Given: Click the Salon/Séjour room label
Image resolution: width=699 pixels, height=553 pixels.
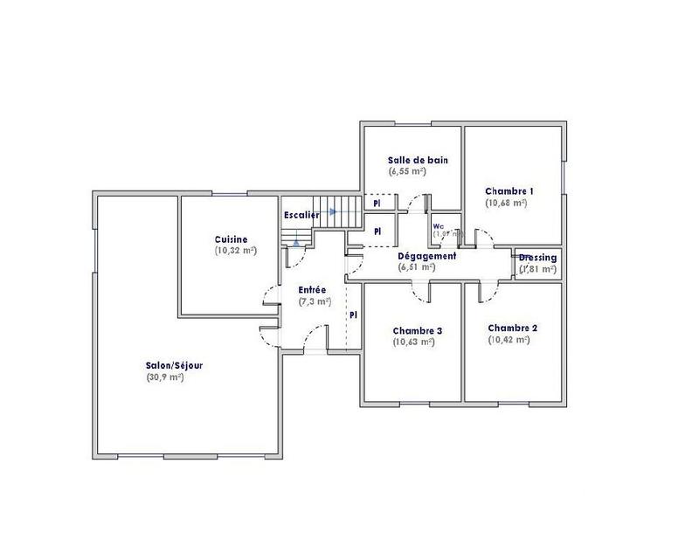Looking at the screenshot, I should click(175, 366).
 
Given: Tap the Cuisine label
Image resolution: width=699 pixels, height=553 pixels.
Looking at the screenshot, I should click(231, 239).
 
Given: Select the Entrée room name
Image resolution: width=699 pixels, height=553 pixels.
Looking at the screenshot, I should click(313, 290).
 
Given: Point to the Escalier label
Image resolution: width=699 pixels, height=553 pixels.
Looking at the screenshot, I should click(301, 215).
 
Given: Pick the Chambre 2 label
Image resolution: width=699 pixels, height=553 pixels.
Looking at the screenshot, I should click(512, 328).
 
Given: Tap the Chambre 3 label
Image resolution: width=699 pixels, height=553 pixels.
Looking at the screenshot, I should click(417, 331).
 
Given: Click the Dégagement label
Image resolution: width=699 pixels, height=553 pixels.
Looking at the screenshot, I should click(426, 256).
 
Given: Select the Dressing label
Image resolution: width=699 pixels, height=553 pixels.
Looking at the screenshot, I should click(537, 258).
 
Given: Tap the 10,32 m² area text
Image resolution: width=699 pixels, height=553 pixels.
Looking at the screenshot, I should click(234, 251).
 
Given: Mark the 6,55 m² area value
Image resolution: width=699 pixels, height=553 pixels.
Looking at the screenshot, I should click(406, 172).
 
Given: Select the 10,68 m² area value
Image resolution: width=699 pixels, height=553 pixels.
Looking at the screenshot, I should click(507, 203).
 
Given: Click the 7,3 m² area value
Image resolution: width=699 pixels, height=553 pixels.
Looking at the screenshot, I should click(313, 301).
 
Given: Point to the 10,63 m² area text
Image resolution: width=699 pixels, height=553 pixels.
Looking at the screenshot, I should click(415, 342).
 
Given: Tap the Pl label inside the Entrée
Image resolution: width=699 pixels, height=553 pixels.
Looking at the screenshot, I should click(353, 315).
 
